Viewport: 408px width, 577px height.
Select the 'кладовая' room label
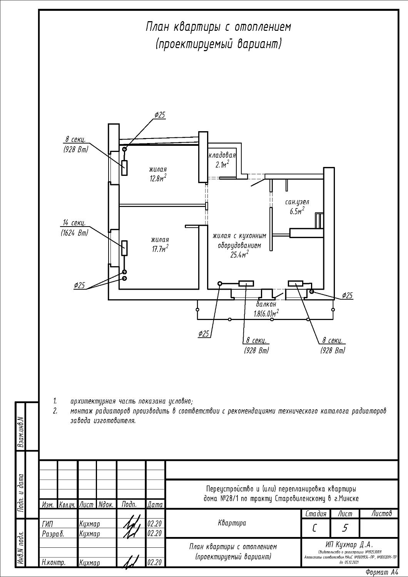(222, 155)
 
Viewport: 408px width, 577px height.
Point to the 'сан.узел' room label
(297, 202)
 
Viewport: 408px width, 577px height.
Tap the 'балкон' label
(266, 304)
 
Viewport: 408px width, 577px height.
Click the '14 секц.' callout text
(74, 223)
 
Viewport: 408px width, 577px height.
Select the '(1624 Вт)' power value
(74, 233)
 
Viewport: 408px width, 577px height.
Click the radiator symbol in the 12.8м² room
(124, 168)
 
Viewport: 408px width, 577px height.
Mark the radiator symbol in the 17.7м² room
(124, 248)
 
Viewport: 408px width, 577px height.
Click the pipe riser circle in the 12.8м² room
(124, 149)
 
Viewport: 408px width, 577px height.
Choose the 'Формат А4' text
(382, 572)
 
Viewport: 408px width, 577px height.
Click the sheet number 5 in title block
(345, 528)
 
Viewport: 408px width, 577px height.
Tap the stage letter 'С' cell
(315, 528)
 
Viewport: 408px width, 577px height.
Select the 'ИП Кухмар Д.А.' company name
(349, 544)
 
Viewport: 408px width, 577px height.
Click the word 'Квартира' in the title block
(232, 523)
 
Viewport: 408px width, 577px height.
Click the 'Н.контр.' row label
(54, 563)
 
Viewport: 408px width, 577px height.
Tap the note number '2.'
(55, 411)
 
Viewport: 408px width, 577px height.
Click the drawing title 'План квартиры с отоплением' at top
(218, 27)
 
